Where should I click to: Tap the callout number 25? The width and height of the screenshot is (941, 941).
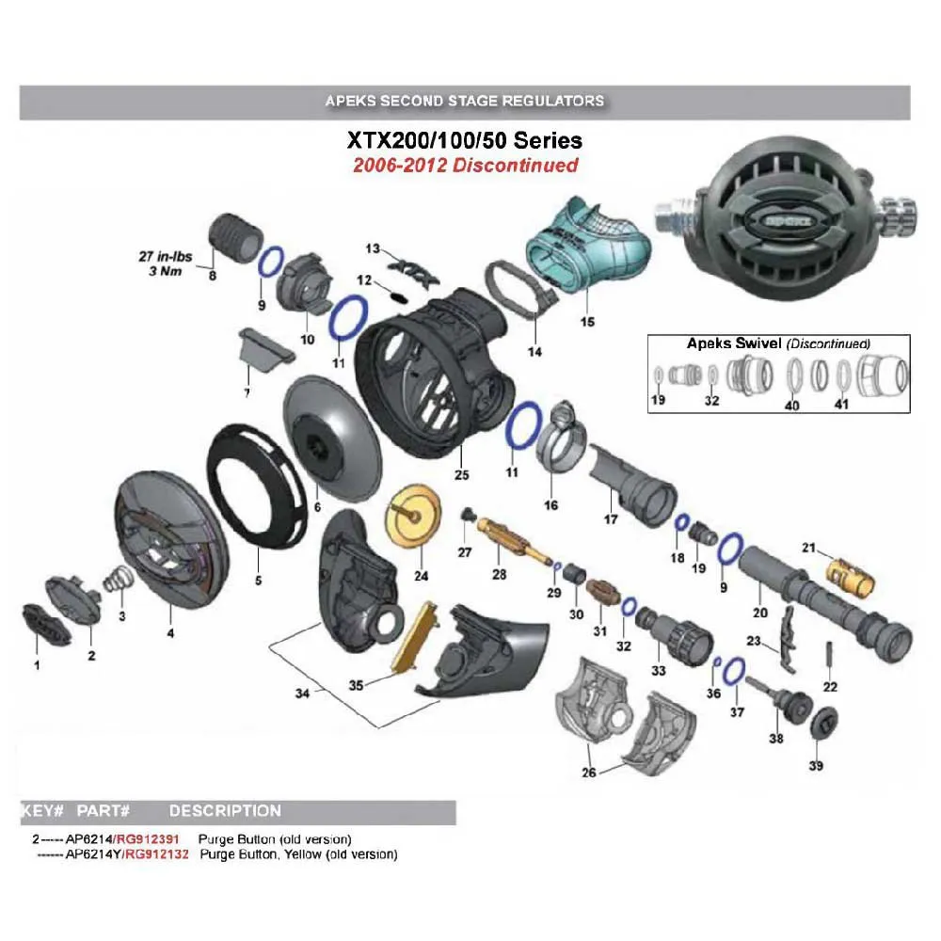coord(461,475)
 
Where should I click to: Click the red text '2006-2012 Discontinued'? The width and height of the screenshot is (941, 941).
coord(465,166)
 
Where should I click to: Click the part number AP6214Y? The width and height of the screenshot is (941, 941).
coord(91,854)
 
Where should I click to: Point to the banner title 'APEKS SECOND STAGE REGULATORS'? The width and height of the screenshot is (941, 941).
coord(464,100)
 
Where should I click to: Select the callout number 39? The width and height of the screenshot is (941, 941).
coord(816,766)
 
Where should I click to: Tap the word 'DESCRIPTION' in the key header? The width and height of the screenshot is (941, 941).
coord(225,810)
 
